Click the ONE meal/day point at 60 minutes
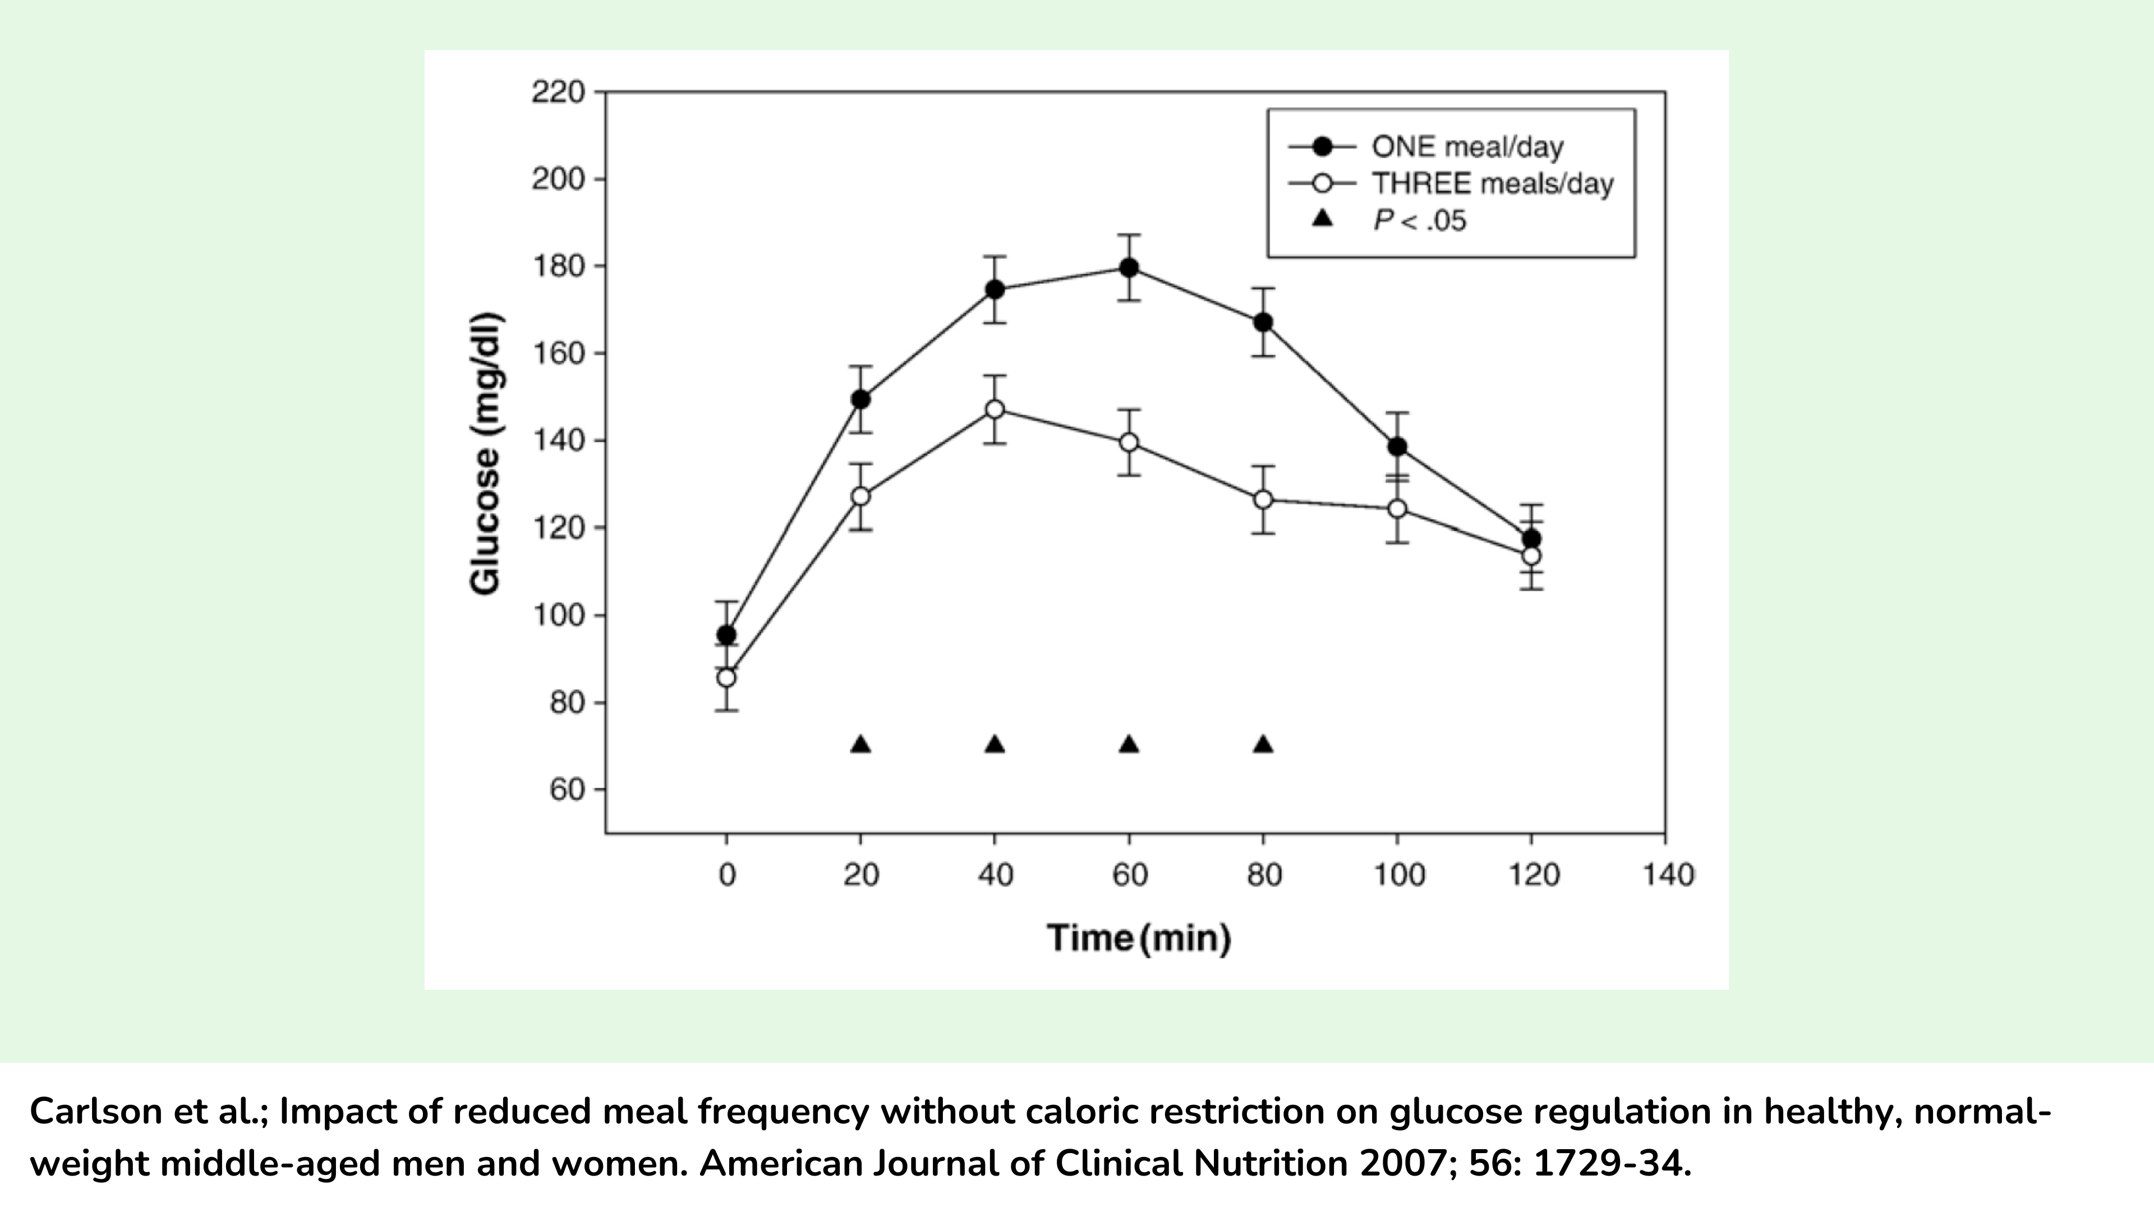[x=1129, y=268]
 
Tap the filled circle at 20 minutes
[x=860, y=400]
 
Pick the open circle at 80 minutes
[x=1263, y=499]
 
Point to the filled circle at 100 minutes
[x=1397, y=447]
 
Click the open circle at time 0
[x=726, y=677]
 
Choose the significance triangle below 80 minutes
[x=1263, y=745]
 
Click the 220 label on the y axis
[x=558, y=92]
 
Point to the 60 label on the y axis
[x=566, y=789]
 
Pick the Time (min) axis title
[x=1139, y=938]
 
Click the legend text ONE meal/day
[x=1467, y=147]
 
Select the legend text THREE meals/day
[x=1493, y=184]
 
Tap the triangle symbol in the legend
[x=1322, y=219]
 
